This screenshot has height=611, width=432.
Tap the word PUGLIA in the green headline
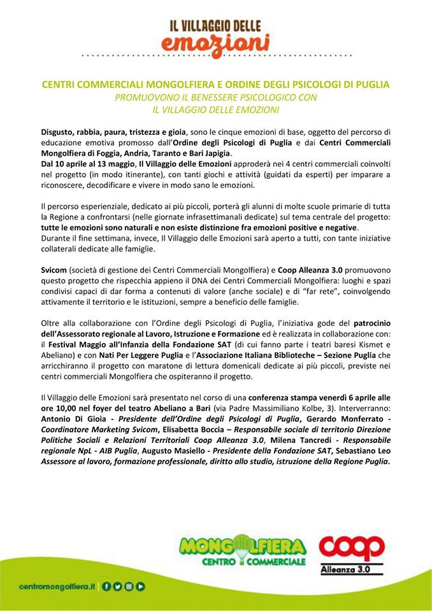click(x=371, y=84)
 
